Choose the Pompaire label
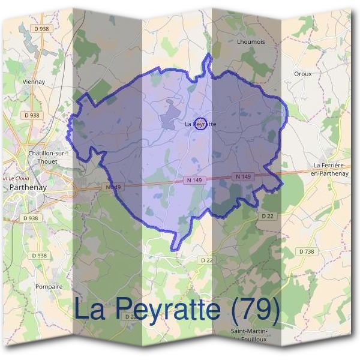point(49,287)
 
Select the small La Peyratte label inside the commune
point(200,124)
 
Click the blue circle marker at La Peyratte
point(202,124)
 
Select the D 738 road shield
point(307,251)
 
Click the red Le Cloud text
point(17,178)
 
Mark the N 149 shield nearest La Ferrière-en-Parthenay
point(243,176)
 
